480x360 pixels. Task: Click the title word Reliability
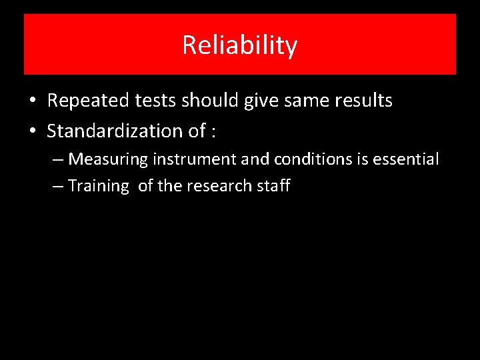[239, 46]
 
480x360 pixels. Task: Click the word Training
[98, 186]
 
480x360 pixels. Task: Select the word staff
[273, 185]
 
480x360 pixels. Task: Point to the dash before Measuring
[58, 160]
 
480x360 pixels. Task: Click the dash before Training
[58, 187]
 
